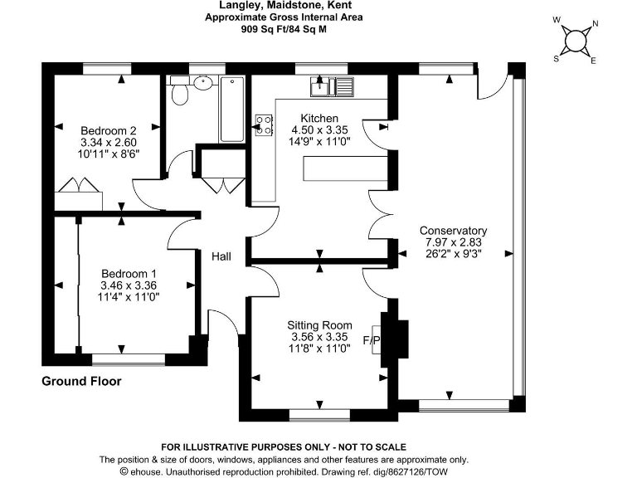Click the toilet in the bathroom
point(179,90)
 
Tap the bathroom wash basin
point(202,83)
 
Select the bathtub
point(232,109)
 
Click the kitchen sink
point(333,86)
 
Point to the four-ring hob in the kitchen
point(264,125)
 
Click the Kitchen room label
point(319,119)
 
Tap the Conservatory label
point(453,231)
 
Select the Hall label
point(221,256)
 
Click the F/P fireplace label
point(371,340)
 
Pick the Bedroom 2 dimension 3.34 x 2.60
point(109,142)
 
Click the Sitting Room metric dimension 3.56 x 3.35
point(319,337)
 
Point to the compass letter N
point(596,23)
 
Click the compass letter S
point(557,59)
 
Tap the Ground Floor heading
point(81,381)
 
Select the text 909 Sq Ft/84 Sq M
point(284,29)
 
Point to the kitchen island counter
point(345,168)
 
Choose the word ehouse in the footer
point(146,472)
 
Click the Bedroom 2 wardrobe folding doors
point(79,184)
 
